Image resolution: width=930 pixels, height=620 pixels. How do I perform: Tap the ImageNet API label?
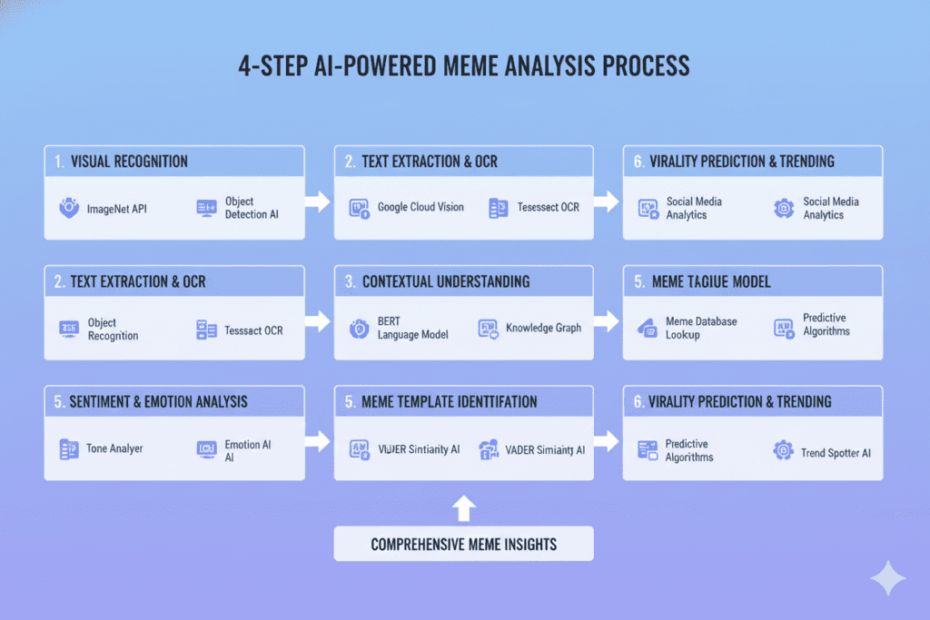point(117,209)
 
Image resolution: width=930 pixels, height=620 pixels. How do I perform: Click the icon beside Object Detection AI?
point(206,209)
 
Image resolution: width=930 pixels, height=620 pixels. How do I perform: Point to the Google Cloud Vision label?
point(420,207)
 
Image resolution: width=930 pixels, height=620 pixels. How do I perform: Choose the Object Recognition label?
point(114,330)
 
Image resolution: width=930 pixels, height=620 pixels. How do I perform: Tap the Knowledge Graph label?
point(543,328)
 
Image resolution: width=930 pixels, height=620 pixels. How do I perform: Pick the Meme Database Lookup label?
point(701,328)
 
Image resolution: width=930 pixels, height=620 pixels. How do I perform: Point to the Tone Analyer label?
point(114,448)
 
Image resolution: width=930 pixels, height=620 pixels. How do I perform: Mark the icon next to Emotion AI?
point(206,448)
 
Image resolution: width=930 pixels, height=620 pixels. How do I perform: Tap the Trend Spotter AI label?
point(836,452)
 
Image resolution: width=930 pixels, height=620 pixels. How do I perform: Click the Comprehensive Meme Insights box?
point(463,545)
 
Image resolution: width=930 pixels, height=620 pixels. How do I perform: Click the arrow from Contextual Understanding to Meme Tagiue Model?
point(608,320)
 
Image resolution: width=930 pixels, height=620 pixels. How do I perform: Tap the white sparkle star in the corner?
point(885,578)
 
